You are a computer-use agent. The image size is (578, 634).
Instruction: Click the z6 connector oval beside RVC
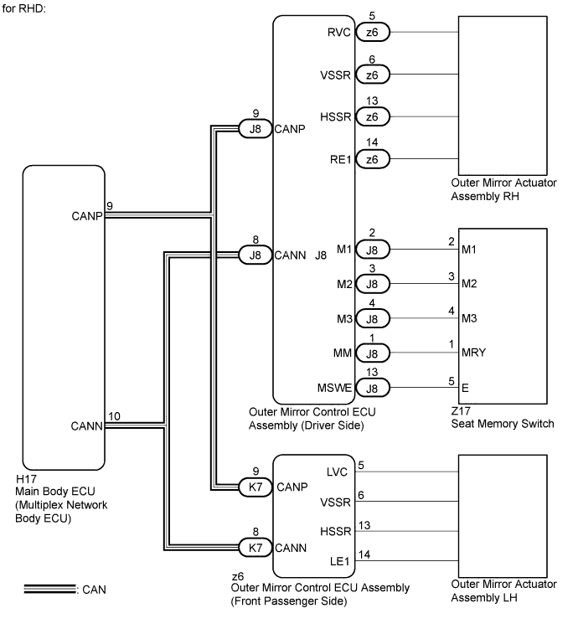(373, 33)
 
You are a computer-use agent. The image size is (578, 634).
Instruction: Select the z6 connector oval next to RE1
(373, 159)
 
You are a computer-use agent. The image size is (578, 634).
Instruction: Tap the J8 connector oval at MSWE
(373, 388)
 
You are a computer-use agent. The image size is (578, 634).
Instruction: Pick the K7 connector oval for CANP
(255, 487)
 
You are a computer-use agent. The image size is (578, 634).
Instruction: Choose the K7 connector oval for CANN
(255, 548)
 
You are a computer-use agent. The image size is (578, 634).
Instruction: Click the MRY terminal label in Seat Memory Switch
(473, 353)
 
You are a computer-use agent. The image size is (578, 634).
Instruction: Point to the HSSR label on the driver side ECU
(335, 117)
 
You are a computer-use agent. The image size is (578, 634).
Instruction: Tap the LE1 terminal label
(339, 561)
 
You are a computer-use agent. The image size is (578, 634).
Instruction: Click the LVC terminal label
(337, 472)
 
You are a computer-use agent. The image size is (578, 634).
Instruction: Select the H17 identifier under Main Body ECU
(26, 479)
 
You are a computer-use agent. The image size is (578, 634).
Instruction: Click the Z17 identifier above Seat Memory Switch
(461, 411)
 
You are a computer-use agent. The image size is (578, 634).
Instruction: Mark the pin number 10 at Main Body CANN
(114, 416)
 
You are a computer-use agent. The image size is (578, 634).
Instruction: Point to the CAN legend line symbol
(49, 589)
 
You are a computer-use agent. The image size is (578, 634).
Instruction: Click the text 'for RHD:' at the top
(23, 8)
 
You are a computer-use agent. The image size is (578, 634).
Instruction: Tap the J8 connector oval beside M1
(373, 250)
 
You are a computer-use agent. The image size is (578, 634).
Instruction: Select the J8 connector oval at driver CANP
(255, 129)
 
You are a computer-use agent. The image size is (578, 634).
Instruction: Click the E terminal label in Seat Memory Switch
(465, 388)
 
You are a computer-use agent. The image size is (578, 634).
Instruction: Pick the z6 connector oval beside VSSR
(373, 75)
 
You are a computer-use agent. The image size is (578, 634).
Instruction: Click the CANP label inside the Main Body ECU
(87, 216)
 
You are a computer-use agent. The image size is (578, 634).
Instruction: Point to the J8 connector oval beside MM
(373, 353)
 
